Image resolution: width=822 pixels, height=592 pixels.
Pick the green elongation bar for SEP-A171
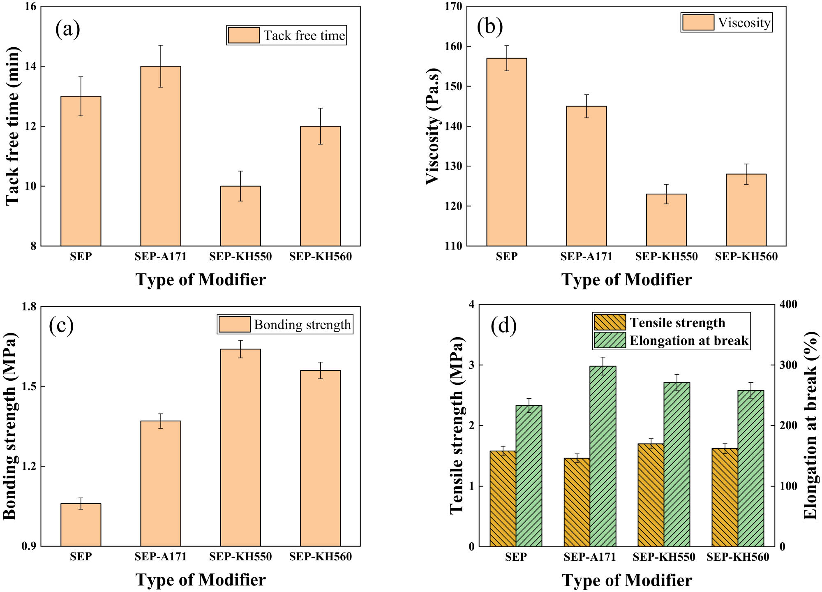pyautogui.click(x=603, y=456)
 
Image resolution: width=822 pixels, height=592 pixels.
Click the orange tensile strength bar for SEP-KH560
pyautogui.click(x=725, y=497)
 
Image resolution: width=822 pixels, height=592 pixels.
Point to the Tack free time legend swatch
pyautogui.click(x=244, y=35)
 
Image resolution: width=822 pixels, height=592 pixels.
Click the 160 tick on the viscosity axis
pyautogui.click(x=453, y=46)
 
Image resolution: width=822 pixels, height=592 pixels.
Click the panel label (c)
pyautogui.click(x=61, y=325)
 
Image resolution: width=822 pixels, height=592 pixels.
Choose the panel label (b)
pyautogui.click(x=490, y=26)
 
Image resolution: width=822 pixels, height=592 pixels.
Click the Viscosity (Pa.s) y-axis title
pyautogui.click(x=433, y=126)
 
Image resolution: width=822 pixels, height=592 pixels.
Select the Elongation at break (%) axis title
pyautogui.click(x=810, y=425)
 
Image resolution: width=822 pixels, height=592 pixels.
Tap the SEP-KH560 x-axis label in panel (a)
pyautogui.click(x=320, y=257)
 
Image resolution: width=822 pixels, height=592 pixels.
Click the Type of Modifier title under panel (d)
pyautogui.click(x=626, y=580)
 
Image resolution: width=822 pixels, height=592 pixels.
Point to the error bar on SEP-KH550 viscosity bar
pyautogui.click(x=666, y=194)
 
